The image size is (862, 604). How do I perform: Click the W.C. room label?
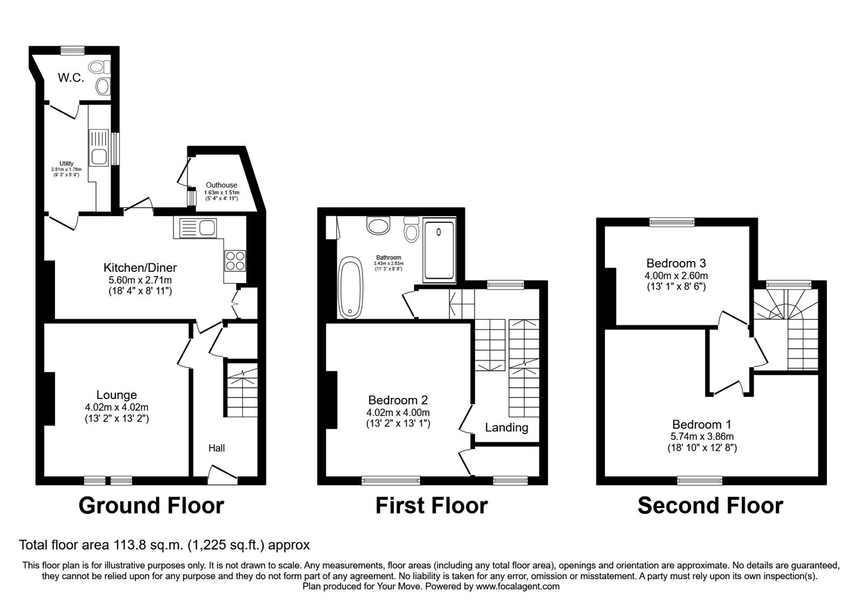pyautogui.click(x=71, y=78)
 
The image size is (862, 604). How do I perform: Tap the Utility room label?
pyautogui.click(x=66, y=164)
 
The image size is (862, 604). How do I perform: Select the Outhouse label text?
pyautogui.click(x=221, y=185)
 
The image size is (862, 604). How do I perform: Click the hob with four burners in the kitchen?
pyautogui.click(x=235, y=261)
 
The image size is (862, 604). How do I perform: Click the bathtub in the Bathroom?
pyautogui.click(x=350, y=287)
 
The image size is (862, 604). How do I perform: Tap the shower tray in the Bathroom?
pyautogui.click(x=439, y=250)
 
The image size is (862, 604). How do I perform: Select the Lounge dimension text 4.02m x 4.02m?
pyautogui.click(x=116, y=407)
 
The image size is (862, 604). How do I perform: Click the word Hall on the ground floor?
pyautogui.click(x=216, y=448)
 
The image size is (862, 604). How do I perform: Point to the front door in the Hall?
pyautogui.click(x=223, y=475)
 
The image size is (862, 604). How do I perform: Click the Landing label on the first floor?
pyautogui.click(x=506, y=428)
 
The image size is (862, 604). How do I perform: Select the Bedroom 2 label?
pyautogui.click(x=398, y=400)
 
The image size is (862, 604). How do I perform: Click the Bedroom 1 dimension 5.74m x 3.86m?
pyautogui.click(x=702, y=437)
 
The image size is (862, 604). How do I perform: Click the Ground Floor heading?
pyautogui.click(x=151, y=506)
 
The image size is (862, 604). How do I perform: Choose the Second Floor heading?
pyautogui.click(x=711, y=506)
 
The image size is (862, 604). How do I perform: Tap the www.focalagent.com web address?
pyautogui.click(x=518, y=587)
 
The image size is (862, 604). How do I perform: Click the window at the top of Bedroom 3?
pyautogui.click(x=672, y=222)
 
